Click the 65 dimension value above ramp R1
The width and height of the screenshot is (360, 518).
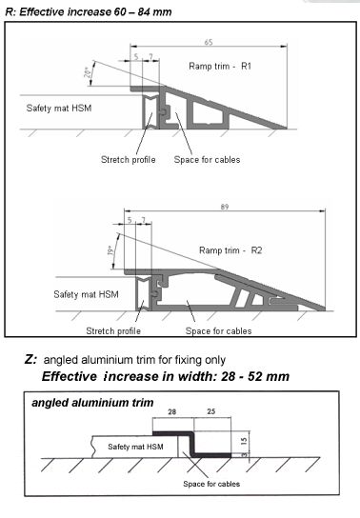tap(209, 42)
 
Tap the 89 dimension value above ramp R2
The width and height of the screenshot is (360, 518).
tap(225, 207)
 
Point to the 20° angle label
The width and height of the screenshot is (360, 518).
tap(88, 72)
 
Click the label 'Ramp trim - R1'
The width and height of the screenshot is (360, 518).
tap(220, 66)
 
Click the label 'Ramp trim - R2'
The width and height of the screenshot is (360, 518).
tap(230, 250)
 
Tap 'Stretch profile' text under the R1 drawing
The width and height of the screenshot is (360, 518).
tap(129, 160)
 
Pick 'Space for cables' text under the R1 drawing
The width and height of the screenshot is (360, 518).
tap(207, 160)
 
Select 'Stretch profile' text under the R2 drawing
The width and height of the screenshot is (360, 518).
tap(113, 331)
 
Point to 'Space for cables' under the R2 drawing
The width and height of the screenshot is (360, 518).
tap(219, 331)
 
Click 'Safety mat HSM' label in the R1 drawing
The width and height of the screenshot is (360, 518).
tap(59, 109)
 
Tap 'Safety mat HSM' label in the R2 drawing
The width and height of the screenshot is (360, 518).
tap(87, 294)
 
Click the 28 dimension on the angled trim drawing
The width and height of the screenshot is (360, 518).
tap(172, 411)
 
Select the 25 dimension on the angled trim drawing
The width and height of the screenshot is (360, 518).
tap(211, 411)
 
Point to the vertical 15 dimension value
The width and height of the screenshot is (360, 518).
tap(244, 441)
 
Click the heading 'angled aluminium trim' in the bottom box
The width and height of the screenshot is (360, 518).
tap(92, 403)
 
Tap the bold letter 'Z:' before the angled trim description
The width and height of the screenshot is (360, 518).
tap(30, 359)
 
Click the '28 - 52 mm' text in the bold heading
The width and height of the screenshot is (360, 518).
tap(255, 376)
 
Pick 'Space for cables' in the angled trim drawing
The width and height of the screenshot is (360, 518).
tap(211, 484)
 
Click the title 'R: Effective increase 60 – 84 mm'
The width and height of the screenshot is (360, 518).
tap(89, 12)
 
